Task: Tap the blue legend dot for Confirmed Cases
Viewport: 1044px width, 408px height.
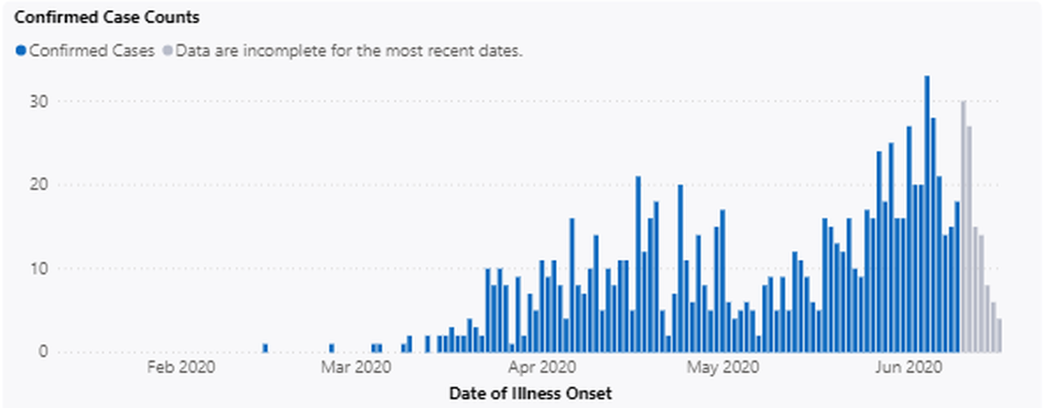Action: [x=21, y=51]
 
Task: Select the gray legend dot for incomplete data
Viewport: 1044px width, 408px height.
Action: [x=167, y=51]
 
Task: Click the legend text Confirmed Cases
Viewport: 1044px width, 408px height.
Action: [x=92, y=51]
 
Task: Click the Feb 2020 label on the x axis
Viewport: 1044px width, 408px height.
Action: [x=180, y=369]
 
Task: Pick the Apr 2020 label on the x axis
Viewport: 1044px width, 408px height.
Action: [x=541, y=369]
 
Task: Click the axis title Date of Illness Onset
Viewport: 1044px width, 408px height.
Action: [x=530, y=393]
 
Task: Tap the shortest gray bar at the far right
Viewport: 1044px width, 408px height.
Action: [x=999, y=336]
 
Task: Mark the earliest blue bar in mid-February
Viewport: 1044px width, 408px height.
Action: [x=266, y=349]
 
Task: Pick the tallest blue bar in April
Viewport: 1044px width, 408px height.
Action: [x=638, y=264]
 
